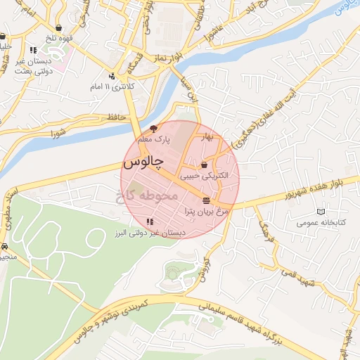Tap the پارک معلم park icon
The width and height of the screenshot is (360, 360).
coord(154,129)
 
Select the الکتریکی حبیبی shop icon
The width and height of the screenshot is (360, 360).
coord(204,165)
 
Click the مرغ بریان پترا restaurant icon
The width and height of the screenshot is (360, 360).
coord(205,200)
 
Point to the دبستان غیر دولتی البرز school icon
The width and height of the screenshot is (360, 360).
coord(149,222)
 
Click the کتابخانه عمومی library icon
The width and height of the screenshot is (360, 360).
coord(321,212)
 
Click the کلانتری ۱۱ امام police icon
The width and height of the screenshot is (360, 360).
coord(112,76)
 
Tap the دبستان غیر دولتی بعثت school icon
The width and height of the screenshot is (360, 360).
coord(33,50)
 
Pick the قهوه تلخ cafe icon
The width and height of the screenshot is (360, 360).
coord(3,37)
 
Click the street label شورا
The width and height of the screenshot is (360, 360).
coord(58,131)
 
